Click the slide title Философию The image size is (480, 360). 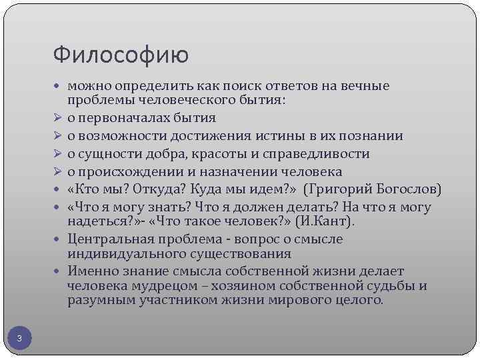coord(120,54)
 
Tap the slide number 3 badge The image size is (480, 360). coord(19,339)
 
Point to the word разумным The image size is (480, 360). coord(98,301)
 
